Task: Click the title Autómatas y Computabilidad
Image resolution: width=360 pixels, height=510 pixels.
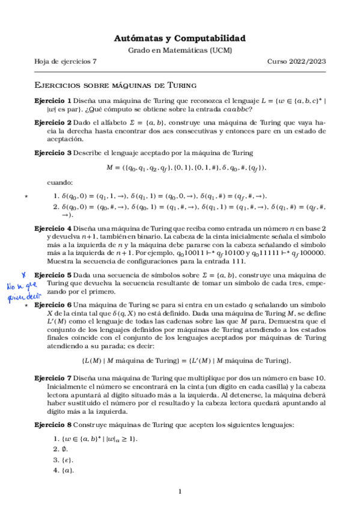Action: pos(180,38)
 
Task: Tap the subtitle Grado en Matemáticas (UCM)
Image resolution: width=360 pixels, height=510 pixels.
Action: pos(180,51)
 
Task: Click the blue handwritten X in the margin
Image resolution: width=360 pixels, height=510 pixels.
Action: pos(23,273)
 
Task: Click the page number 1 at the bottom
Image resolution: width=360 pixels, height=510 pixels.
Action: pos(180,491)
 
